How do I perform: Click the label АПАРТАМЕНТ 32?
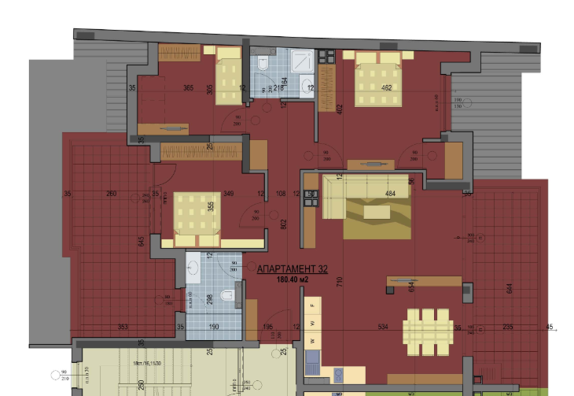pos(292,268)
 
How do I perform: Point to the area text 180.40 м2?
pos(292,278)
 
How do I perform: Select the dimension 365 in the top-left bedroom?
pos(189,87)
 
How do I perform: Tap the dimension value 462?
pos(386,87)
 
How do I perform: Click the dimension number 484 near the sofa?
pos(389,194)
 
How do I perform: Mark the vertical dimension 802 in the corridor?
pos(283,224)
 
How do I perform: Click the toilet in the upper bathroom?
pos(264,62)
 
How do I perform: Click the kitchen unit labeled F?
pos(313,304)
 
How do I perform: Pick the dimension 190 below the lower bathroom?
pos(214,327)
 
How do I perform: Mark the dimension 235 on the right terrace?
pos(508,328)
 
